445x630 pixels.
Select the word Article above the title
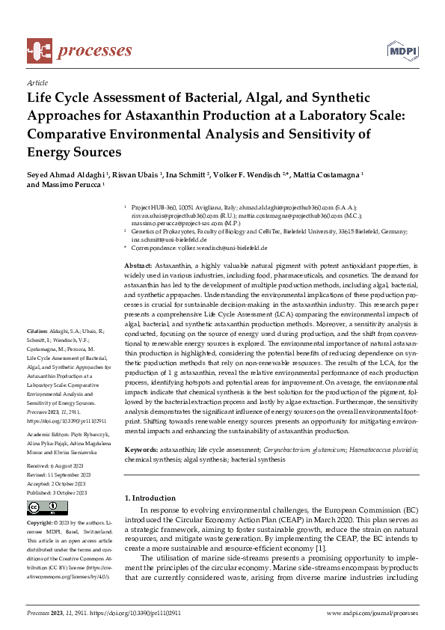[x=37, y=82]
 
